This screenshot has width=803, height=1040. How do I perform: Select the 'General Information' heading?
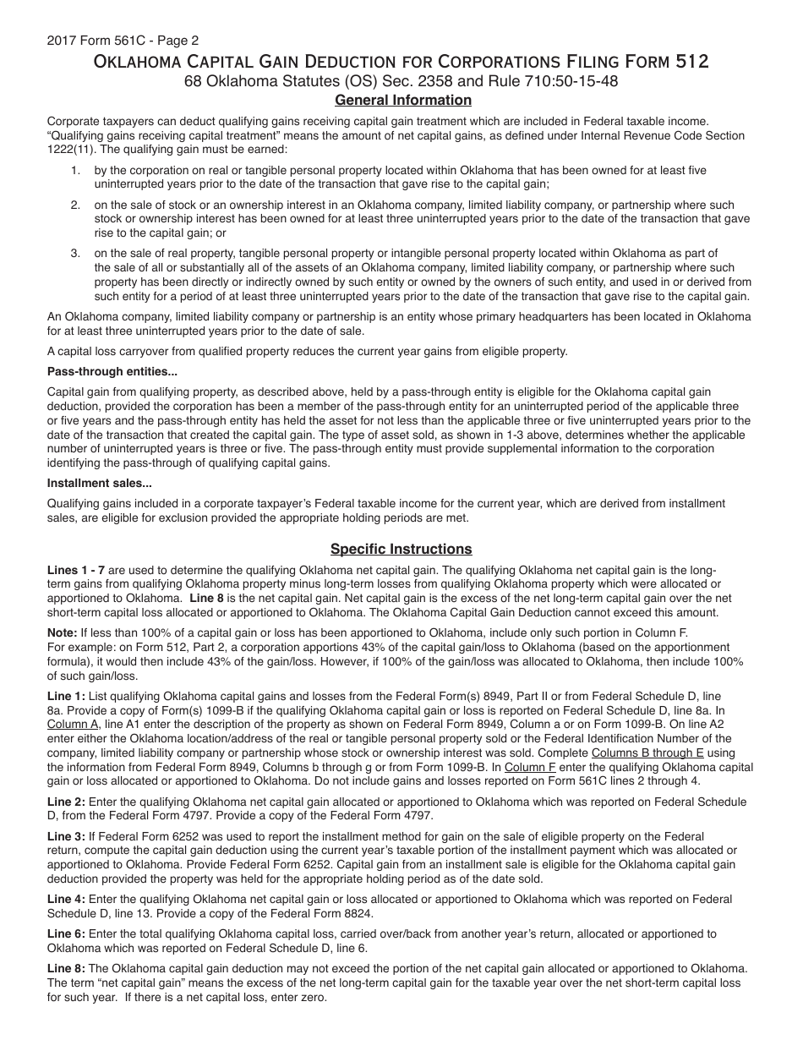403,101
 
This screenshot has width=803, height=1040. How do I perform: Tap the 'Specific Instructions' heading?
401,549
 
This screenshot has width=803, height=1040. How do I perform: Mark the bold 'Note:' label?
62,632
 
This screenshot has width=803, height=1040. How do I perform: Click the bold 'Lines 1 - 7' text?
76,571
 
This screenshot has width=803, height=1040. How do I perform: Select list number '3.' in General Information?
75,253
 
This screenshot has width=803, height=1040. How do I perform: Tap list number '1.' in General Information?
75,170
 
